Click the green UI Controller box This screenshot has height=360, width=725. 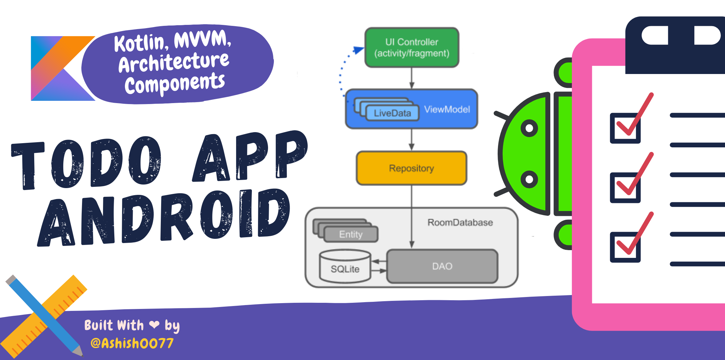click(412, 48)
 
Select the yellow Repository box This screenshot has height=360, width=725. click(411, 168)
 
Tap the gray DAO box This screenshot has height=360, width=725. click(442, 266)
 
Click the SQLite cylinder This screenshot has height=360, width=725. click(345, 267)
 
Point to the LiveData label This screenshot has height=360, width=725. click(392, 113)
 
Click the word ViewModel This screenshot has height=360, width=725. click(447, 110)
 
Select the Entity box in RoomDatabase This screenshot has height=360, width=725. click(351, 234)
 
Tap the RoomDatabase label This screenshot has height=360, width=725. click(460, 222)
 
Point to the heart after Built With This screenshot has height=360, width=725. click(154, 324)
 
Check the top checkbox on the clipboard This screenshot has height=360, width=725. click(625, 128)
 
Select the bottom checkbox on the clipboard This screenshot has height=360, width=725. click(625, 247)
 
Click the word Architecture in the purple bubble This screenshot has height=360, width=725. click(174, 62)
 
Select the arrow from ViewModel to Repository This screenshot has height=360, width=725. click(411, 140)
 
